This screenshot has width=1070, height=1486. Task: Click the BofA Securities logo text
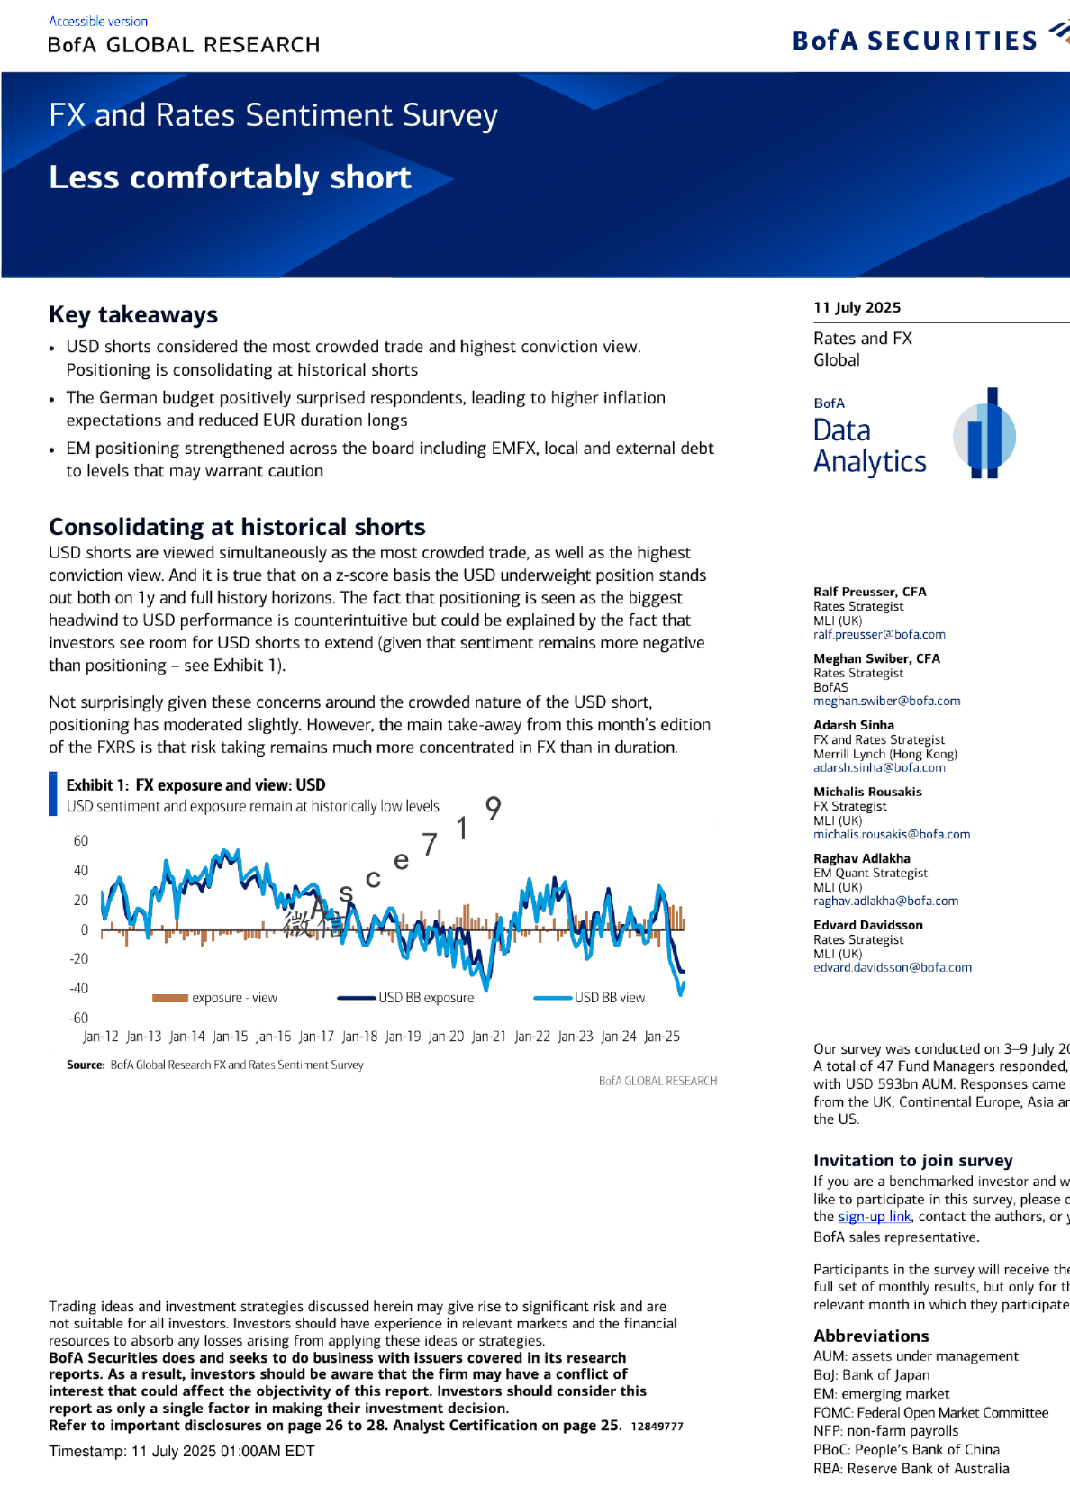(x=914, y=41)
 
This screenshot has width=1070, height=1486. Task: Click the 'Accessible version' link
(x=98, y=21)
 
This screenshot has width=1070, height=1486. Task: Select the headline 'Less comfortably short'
(x=230, y=177)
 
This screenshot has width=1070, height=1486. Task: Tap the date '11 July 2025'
(x=857, y=307)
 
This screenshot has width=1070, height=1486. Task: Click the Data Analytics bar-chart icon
(x=984, y=433)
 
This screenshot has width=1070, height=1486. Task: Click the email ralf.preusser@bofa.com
(x=879, y=634)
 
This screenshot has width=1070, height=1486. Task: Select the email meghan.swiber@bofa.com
(x=886, y=701)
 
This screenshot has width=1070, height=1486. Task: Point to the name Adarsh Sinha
(x=853, y=725)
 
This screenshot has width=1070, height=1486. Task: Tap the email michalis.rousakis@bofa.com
(x=892, y=834)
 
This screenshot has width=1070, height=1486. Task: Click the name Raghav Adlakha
(x=861, y=858)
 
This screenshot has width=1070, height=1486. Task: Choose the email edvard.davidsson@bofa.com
(x=893, y=967)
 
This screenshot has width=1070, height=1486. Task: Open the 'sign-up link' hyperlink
(x=875, y=1217)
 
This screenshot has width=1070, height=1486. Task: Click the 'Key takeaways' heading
(x=133, y=314)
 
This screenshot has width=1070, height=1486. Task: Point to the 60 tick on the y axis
(x=81, y=840)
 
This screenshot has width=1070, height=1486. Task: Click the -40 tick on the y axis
(x=79, y=988)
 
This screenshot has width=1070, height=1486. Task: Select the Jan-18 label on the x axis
(x=359, y=1037)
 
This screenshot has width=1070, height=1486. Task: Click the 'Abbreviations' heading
(x=871, y=1336)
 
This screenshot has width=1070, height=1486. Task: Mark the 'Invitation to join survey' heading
(x=912, y=1161)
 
